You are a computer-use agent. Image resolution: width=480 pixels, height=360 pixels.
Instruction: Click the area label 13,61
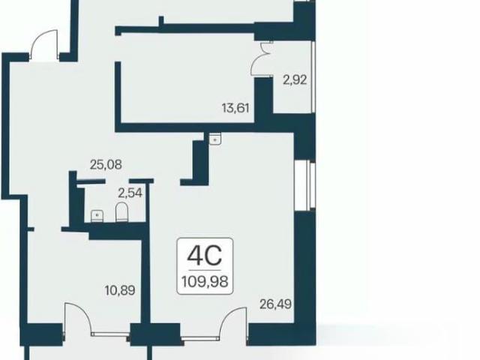click(235, 108)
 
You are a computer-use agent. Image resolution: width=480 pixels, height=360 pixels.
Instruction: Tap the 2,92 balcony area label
click(295, 80)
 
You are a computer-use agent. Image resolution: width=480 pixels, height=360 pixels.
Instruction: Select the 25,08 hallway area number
click(106, 165)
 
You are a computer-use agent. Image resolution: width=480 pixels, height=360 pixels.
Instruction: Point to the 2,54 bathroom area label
click(130, 193)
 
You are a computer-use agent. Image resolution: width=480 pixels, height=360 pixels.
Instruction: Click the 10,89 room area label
click(120, 290)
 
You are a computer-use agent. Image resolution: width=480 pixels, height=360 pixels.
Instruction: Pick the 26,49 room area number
click(275, 304)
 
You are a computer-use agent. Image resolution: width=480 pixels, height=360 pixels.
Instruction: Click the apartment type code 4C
click(205, 256)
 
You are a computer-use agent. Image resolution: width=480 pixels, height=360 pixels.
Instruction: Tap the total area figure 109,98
click(205, 281)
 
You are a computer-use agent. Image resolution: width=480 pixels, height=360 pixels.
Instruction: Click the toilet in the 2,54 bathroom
click(121, 211)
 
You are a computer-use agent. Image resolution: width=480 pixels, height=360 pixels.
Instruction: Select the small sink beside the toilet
click(97, 216)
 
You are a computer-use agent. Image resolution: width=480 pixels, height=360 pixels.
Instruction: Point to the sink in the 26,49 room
click(215, 139)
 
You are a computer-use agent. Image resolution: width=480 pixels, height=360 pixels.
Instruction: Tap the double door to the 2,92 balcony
click(261, 59)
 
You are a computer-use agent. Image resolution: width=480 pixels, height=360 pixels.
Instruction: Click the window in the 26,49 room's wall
click(304, 186)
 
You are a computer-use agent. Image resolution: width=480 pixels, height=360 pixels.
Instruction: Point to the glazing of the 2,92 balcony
click(313, 76)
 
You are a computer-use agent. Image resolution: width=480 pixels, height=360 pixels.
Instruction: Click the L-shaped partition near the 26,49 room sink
click(197, 163)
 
